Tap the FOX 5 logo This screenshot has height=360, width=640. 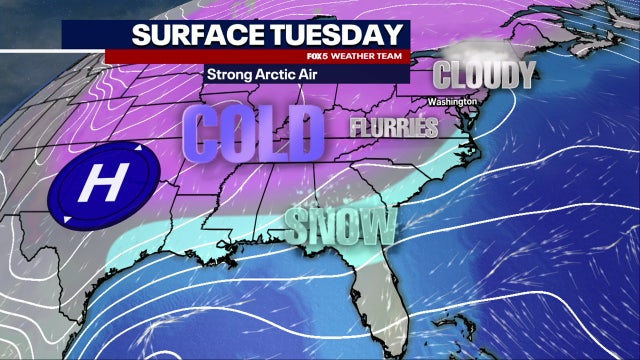(x=317, y=55)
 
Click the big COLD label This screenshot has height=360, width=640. (x=254, y=131)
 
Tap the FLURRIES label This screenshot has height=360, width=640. (x=394, y=127)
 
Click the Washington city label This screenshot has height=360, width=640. (x=450, y=102)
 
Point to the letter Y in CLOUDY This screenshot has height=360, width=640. (x=524, y=73)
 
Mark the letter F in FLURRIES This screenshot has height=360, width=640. (x=356, y=128)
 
